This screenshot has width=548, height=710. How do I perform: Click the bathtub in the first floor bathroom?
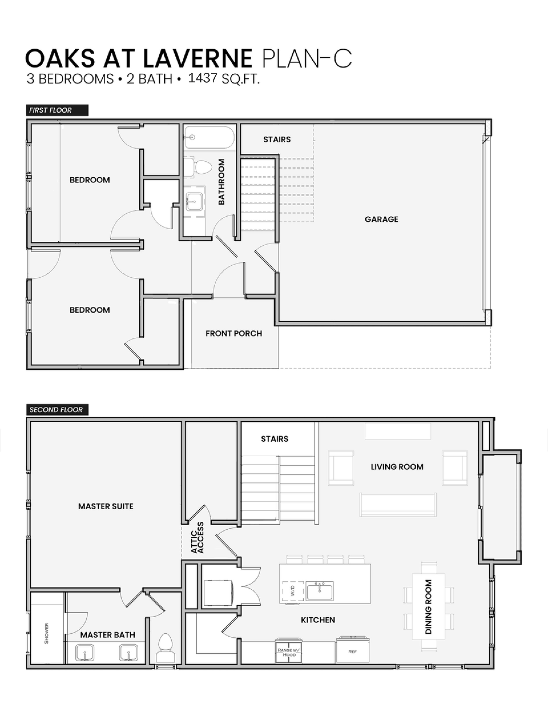coord(209,138)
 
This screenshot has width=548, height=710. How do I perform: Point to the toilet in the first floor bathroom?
coord(199,167)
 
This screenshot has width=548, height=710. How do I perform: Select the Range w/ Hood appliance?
coord(289,652)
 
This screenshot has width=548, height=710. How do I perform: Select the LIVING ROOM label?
coord(397,467)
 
